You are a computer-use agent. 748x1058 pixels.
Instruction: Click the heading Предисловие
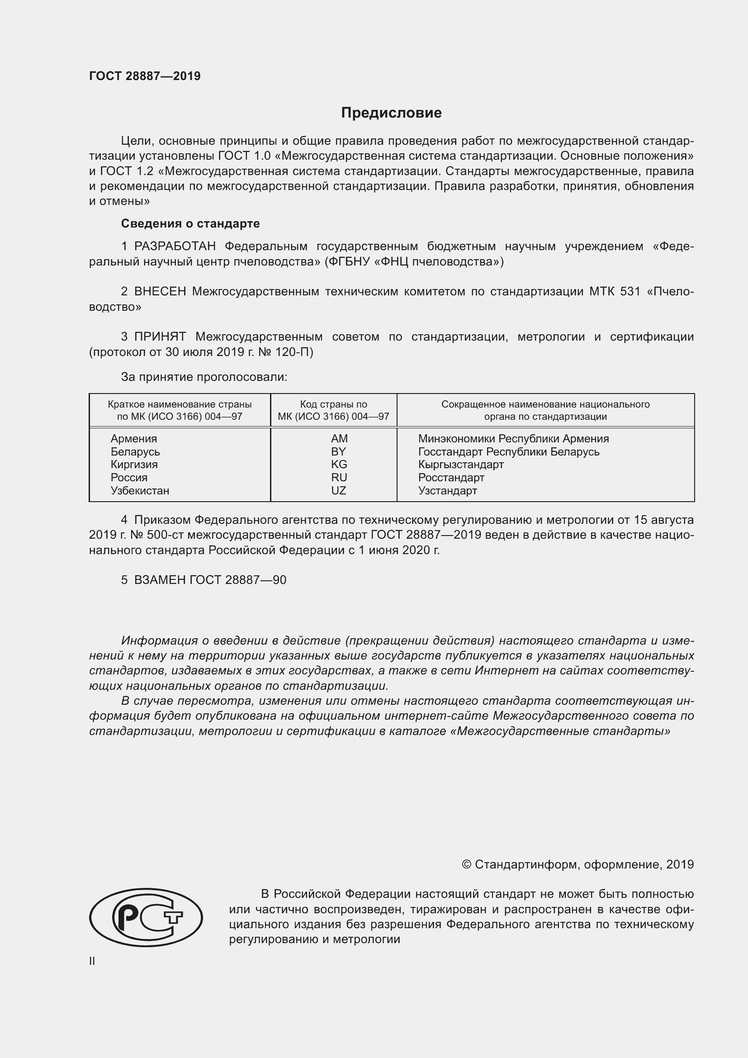391,113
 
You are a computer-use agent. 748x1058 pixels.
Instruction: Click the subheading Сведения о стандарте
190,223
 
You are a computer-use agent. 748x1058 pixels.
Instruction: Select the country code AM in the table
339,439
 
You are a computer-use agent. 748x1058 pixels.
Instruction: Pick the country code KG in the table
339,465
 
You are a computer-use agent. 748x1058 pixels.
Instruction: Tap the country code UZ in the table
339,491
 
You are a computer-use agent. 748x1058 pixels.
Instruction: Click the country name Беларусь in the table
135,451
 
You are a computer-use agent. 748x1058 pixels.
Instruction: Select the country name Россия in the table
129,478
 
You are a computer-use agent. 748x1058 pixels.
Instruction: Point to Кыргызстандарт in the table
460,465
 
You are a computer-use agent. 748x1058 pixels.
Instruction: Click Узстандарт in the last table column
447,491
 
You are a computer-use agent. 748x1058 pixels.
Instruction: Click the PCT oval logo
146,917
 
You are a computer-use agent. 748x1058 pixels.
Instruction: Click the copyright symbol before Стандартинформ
466,865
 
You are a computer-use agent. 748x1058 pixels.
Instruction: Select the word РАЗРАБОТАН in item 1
175,247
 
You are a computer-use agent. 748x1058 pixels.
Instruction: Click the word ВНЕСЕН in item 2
160,292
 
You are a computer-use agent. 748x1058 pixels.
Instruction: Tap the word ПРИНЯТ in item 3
160,337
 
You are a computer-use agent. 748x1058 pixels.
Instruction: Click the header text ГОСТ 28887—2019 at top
145,76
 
